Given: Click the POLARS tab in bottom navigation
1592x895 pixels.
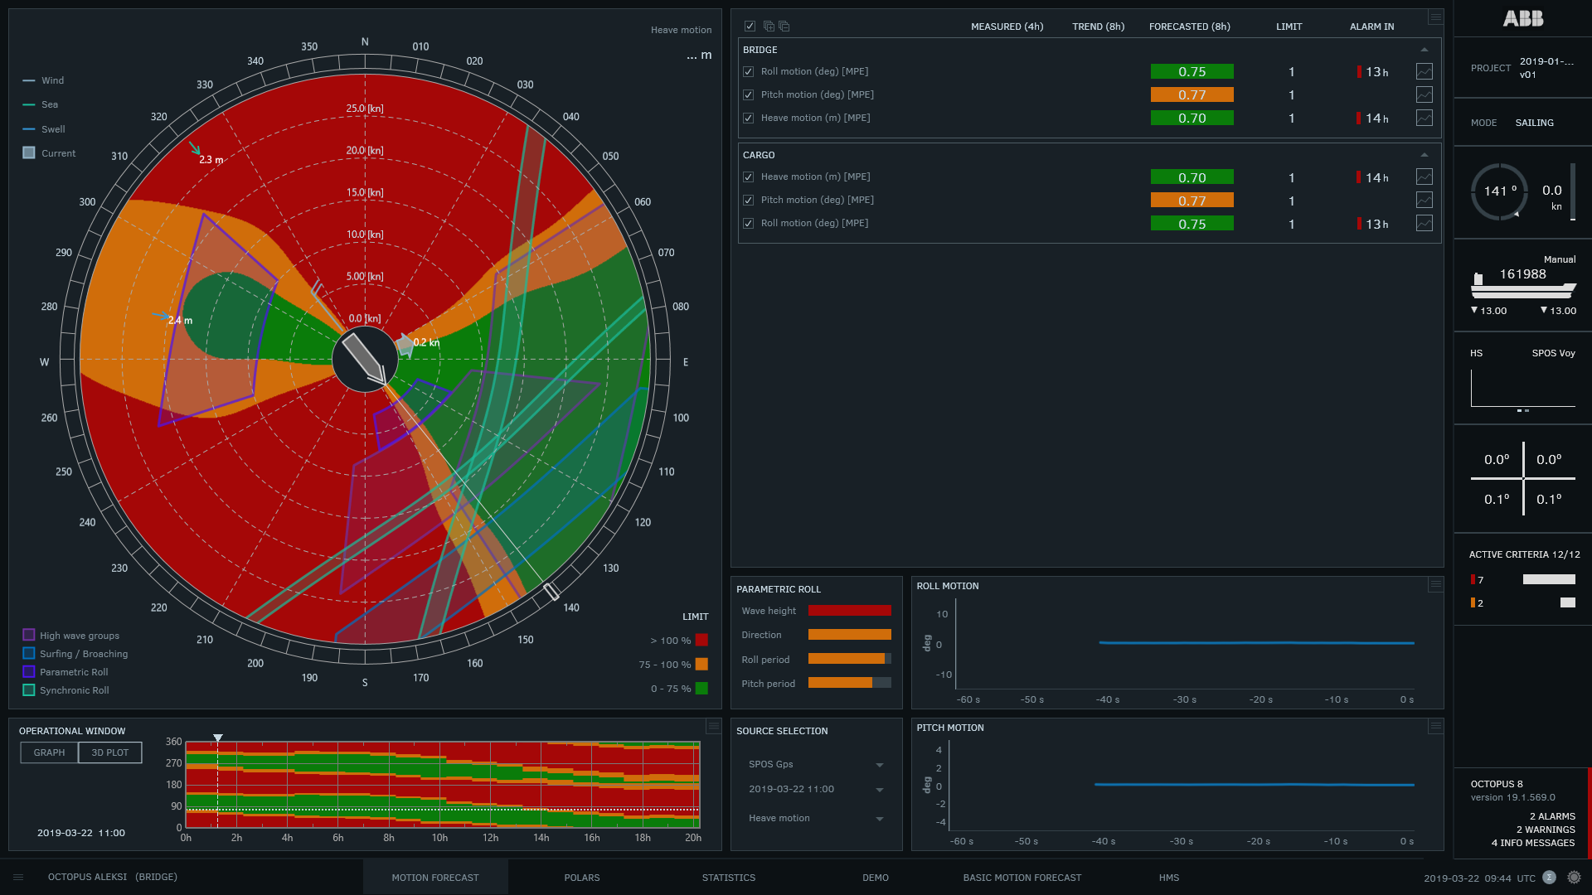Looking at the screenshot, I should pos(581,878).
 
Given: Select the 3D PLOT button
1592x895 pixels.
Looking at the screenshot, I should pos(110,752).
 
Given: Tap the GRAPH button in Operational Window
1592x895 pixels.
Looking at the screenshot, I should pos(49,752).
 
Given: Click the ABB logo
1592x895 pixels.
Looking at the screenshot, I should pos(1522,18).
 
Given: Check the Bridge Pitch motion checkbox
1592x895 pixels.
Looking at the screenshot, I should pos(749,95).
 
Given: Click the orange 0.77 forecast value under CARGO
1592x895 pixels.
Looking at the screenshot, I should pos(1192,201).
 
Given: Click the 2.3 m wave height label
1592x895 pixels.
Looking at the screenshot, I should pos(211,160).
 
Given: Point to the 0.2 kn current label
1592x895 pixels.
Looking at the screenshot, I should pos(426,342).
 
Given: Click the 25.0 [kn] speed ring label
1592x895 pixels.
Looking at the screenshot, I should pos(365,109).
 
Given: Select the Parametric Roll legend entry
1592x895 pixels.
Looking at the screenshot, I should pos(73,672).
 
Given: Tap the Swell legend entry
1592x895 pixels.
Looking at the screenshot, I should pos(52,129).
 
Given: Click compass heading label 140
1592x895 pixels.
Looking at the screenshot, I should pos(571,607).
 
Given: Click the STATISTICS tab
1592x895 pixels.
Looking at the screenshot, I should pos(728,878).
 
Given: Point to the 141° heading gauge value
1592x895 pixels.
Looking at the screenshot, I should pos(1499,191).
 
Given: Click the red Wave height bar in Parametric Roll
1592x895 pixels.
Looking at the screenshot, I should pos(849,611).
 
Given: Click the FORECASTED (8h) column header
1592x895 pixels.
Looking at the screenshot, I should pos(1189,27).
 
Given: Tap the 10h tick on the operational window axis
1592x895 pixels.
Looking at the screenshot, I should pos(439,838).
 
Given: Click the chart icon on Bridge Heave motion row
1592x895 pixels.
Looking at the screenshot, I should pos(1424,119).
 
